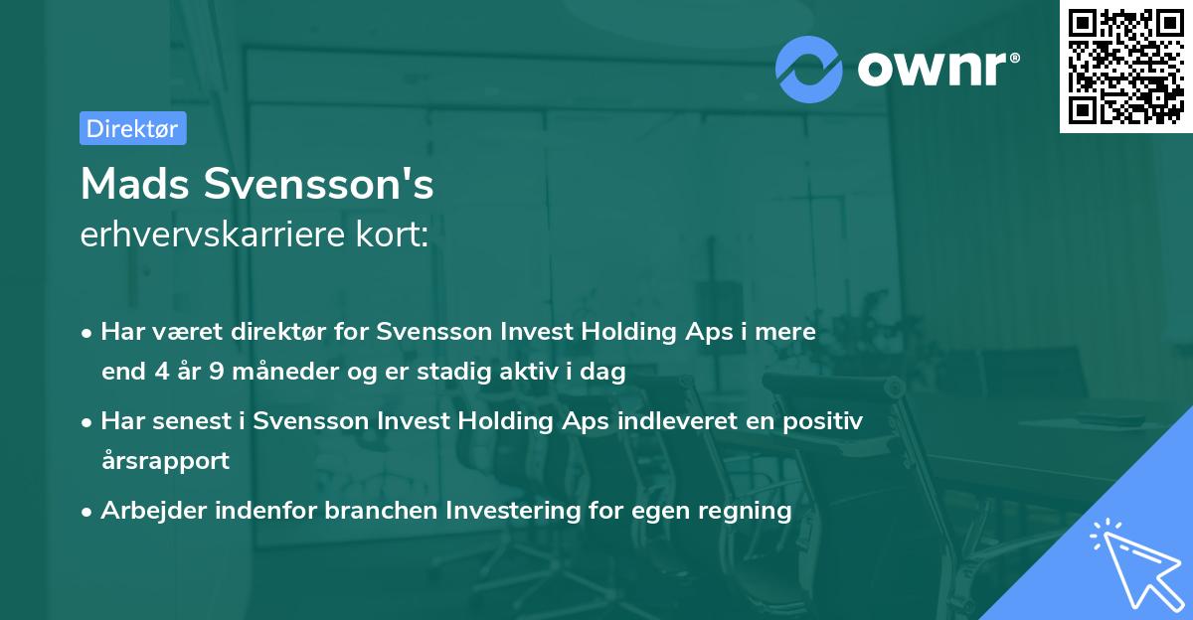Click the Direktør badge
[132, 128]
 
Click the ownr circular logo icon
[809, 69]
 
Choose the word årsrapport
[165, 461]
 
